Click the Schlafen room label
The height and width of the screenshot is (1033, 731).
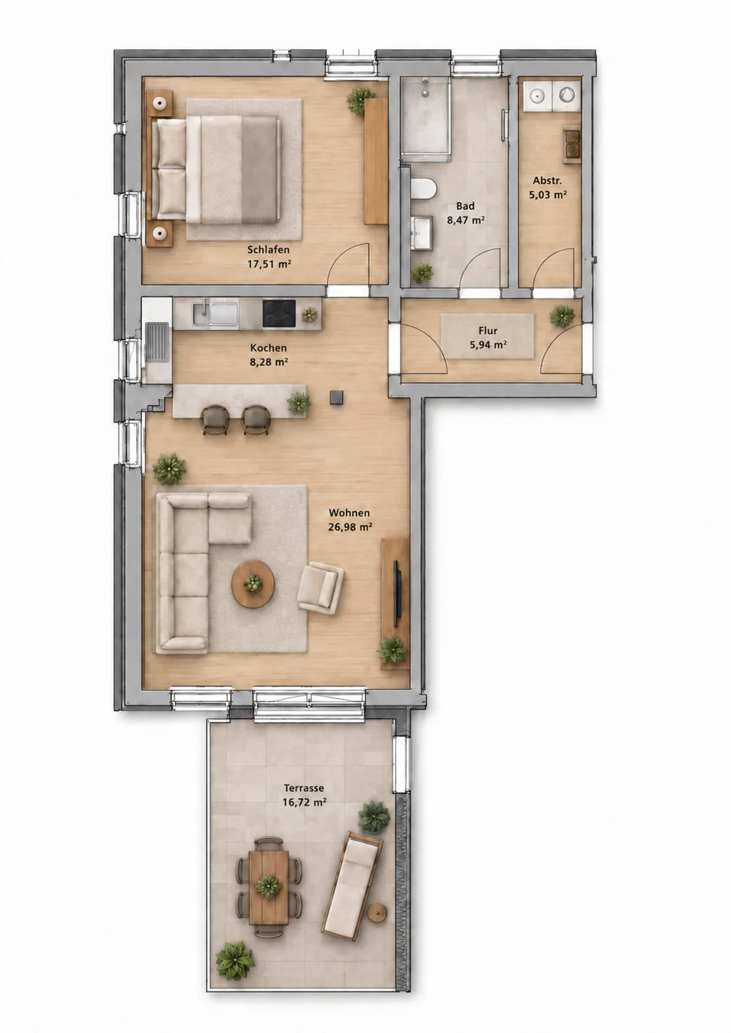(268, 249)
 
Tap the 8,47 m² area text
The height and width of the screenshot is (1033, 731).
(466, 220)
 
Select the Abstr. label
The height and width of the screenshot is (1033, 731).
(547, 180)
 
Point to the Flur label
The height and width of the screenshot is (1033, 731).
(488, 330)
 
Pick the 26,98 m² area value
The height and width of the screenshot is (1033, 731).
(351, 527)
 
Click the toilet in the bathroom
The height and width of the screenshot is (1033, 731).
(423, 190)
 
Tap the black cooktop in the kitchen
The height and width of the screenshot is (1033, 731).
(279, 314)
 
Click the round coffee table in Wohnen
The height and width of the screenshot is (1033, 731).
(253, 584)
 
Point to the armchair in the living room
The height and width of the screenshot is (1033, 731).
(320, 588)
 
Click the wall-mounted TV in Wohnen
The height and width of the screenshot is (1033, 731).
(398, 589)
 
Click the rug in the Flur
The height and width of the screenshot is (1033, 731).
(488, 336)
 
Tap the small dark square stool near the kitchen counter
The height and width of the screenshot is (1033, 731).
(337, 397)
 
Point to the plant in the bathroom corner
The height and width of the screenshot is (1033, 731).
(423, 274)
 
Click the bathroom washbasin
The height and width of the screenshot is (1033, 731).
(421, 233)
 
